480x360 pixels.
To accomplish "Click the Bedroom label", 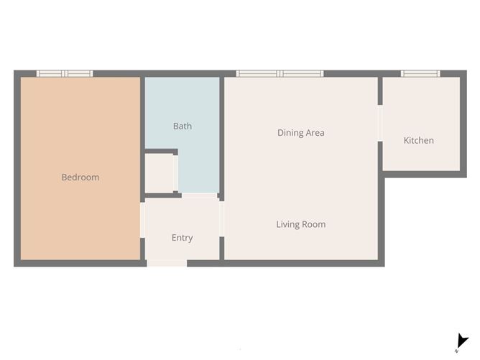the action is pos(80,177).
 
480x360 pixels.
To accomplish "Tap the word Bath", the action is pos(183,126).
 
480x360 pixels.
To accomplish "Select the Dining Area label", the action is pos(301,133).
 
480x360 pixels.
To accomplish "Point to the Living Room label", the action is pos(301,224).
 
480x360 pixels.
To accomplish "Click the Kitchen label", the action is pos(418,141).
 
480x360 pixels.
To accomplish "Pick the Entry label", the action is pos(182,238).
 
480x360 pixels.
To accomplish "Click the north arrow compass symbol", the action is pos(461,342).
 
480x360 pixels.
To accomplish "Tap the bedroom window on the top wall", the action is pos(65,73).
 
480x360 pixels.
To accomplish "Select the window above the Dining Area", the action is pos(280,73).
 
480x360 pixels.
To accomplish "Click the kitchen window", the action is pos(420,73).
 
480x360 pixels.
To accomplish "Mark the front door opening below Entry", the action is pos(167,263).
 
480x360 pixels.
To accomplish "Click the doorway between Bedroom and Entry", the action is pos(142,220).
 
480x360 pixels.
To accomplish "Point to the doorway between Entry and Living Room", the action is pos(221,219).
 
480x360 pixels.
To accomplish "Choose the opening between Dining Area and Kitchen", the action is pos(380,123).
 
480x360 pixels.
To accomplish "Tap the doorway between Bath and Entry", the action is pos(200,195).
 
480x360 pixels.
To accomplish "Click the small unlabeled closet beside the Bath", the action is pos(160,173).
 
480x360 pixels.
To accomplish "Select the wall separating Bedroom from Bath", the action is pos(142,139).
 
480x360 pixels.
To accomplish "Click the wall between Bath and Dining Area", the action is pos(221,139).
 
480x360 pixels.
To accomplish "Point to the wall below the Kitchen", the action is pos(425,174).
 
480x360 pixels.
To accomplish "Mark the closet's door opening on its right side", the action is pos(176,173).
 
